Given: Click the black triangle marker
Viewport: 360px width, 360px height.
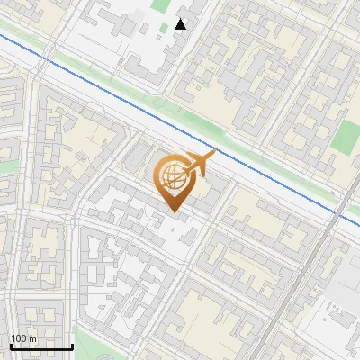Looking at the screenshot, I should (181, 24).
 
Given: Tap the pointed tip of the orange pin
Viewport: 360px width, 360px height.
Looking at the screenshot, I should (174, 212).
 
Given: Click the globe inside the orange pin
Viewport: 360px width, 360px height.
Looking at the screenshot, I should (174, 178).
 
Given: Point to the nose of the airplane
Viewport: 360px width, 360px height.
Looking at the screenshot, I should (212, 156).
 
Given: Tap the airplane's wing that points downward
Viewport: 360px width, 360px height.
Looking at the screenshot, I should (197, 172).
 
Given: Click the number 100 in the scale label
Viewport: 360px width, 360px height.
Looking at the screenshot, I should (19, 338).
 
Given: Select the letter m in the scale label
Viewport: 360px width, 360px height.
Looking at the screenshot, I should (32, 338).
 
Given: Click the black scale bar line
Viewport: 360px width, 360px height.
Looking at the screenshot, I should (41, 347).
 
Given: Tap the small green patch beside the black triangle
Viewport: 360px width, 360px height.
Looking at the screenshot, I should (164, 27).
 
